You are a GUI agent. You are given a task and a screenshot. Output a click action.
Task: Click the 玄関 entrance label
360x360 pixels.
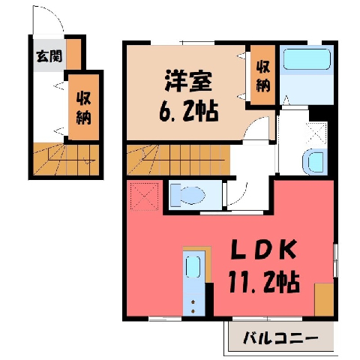coord(49,56)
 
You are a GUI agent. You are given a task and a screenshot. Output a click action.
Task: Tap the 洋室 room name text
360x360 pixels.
coord(188,81)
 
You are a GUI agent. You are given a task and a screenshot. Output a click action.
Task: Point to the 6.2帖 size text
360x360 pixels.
coord(189,112)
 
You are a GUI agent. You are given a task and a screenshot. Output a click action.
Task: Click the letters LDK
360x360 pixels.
coord(263,249)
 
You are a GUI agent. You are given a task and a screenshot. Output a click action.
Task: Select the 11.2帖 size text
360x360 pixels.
coord(264,281)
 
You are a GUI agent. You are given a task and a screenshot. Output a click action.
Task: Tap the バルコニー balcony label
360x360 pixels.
coord(281,338)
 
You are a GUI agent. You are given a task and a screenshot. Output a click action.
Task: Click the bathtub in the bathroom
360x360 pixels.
coord(307,59)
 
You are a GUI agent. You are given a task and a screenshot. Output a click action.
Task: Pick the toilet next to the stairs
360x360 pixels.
coord(187,195)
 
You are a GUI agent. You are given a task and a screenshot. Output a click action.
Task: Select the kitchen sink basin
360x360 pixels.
coord(193,267)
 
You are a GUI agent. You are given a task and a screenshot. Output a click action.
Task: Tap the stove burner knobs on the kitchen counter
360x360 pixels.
coord(193,306)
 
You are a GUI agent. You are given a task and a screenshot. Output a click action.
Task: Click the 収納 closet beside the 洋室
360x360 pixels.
coord(263,75)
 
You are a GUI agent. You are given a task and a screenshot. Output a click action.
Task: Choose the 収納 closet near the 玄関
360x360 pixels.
coord(84,107)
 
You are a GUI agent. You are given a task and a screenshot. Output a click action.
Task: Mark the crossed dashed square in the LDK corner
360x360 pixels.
coord(145,196)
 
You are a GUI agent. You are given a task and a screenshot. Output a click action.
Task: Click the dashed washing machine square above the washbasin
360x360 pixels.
coord(316,134)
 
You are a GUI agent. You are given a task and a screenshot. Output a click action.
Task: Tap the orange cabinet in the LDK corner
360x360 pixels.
coord(324,300)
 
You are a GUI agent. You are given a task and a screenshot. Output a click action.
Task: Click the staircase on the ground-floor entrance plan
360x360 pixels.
coord(66,159)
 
